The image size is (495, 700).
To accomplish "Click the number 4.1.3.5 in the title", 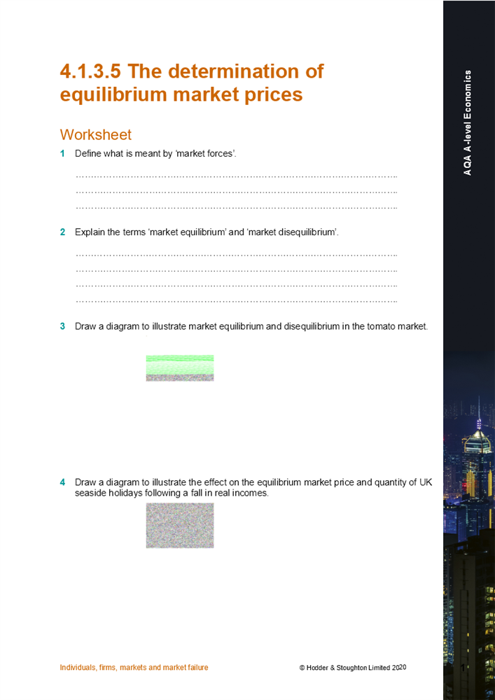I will click(91, 71).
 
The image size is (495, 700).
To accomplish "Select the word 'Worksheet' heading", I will click(96, 134).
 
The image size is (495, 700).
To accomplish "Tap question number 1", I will click(62, 153).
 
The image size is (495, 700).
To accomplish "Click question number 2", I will click(62, 232).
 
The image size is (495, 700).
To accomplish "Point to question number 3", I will click(62, 326).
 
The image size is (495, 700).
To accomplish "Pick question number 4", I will click(62, 482).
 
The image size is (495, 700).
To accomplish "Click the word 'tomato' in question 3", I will click(380, 326).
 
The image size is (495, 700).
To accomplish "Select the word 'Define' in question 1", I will click(88, 153).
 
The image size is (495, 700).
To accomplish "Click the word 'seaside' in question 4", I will click(90, 493).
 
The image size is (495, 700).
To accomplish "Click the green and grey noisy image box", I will click(180, 367).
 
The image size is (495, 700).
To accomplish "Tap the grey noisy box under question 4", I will click(180, 525).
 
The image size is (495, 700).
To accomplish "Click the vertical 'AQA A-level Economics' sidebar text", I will click(468, 122).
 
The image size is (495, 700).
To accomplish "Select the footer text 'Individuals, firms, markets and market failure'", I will click(134, 668).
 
